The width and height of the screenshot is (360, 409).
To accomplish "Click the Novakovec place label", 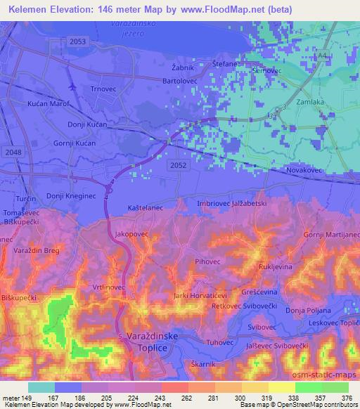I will [305, 170].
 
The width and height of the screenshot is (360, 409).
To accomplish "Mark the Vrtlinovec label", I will [109, 287].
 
